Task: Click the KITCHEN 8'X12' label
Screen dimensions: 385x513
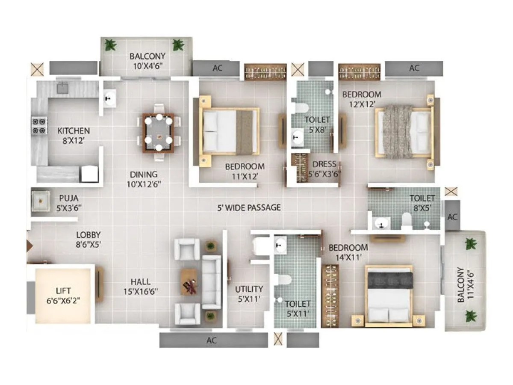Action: (x=74, y=135)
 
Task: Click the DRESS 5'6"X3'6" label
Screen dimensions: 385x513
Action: (x=324, y=169)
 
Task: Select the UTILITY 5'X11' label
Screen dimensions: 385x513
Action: (x=249, y=294)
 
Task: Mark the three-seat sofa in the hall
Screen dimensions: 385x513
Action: (x=211, y=282)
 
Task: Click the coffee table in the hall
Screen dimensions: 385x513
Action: (x=189, y=282)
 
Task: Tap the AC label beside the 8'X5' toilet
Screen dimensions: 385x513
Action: (x=452, y=217)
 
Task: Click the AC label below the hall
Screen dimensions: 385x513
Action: (x=212, y=341)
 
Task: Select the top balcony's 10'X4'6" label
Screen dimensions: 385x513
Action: (x=147, y=61)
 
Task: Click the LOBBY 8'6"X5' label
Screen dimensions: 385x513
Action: (x=88, y=240)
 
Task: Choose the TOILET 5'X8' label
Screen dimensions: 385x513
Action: (x=317, y=124)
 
